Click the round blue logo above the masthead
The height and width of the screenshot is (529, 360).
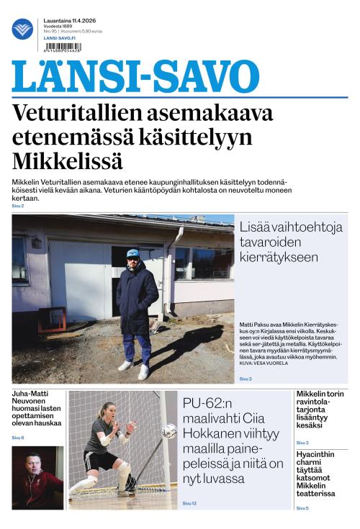click(x=22, y=29)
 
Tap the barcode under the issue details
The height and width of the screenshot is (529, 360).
click(x=63, y=48)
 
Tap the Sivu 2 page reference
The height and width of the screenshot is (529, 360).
click(x=18, y=207)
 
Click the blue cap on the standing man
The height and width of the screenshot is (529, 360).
click(x=132, y=253)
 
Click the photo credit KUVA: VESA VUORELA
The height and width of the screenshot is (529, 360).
click(x=264, y=363)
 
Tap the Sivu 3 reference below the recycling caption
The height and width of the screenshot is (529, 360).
click(x=246, y=378)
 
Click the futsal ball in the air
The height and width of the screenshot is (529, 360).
click(x=168, y=432)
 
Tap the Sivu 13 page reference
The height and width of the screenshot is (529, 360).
click(x=189, y=503)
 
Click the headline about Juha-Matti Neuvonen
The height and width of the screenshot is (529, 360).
click(x=37, y=408)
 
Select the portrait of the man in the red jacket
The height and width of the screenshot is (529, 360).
click(x=37, y=478)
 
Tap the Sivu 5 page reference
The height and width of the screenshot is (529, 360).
click(x=302, y=508)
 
